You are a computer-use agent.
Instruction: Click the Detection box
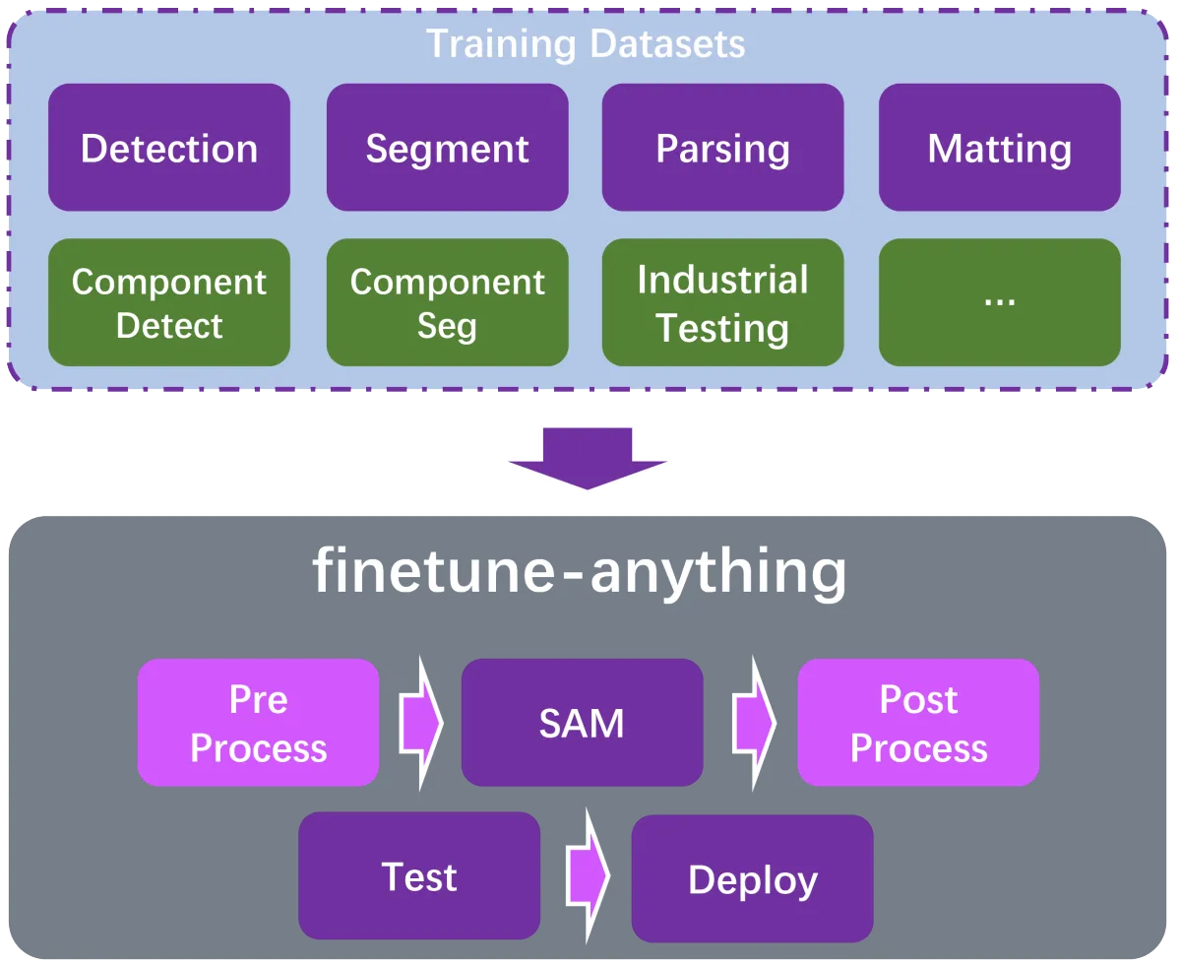(169, 148)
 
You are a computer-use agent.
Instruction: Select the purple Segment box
(448, 148)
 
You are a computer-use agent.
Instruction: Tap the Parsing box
(723, 148)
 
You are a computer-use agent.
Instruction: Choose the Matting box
(1000, 148)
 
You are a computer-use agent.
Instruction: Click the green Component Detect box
(169, 302)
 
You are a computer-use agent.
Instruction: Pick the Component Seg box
(448, 302)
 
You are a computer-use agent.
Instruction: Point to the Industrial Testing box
(723, 302)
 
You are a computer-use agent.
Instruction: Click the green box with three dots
(1000, 302)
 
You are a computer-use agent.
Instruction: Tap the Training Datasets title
(586, 44)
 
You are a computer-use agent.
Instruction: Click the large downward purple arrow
(588, 458)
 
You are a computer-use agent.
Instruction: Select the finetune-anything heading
(580, 572)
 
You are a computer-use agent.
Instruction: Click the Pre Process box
(258, 723)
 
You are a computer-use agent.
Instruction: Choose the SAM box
(583, 723)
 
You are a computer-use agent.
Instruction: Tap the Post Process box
(918, 723)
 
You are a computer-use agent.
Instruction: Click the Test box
(419, 876)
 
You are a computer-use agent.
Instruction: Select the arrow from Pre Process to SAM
(421, 723)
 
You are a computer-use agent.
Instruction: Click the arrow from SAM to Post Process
(755, 723)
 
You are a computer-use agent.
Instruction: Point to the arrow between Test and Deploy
(588, 876)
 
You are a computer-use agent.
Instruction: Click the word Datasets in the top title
(668, 44)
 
